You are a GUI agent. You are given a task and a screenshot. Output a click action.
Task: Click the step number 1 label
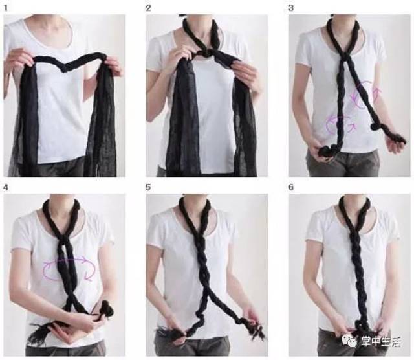click(6, 8)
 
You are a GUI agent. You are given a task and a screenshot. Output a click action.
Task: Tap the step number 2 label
click(148, 8)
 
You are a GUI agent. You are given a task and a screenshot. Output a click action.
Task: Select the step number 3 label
click(290, 8)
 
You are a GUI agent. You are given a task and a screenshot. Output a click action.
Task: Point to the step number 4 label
click(6, 187)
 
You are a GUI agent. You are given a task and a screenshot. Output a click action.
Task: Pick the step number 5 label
click(148, 187)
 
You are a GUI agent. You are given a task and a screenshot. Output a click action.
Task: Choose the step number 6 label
click(290, 187)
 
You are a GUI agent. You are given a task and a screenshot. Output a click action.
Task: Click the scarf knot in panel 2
click(206, 53)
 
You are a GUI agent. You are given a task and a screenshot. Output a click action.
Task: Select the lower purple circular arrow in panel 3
click(340, 124)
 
